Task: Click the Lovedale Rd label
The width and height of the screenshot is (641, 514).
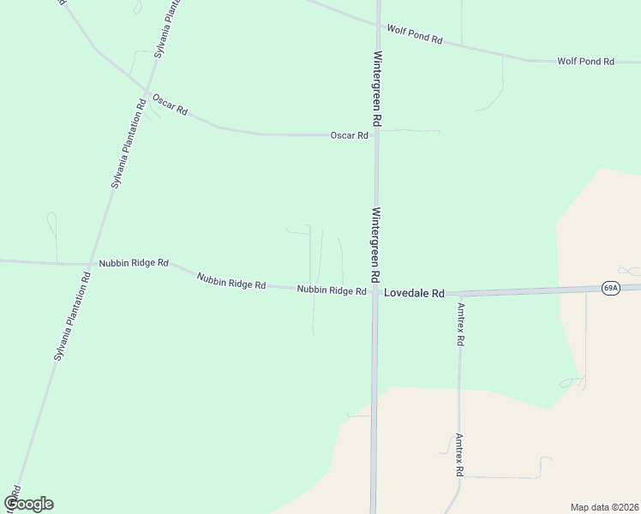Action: point(414,293)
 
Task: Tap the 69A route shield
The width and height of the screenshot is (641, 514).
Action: point(609,288)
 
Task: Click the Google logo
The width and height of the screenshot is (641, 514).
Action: point(28,504)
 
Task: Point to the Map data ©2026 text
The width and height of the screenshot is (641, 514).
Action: point(604,507)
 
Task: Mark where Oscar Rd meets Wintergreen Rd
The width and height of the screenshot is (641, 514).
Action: point(375,134)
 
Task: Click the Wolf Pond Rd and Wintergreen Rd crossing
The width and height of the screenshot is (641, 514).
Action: point(375,23)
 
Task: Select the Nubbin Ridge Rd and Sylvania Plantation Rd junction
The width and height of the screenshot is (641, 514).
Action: point(91,263)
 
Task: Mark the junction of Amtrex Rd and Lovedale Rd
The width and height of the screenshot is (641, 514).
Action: point(460,293)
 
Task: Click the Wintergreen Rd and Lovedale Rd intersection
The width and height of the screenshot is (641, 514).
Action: point(374,293)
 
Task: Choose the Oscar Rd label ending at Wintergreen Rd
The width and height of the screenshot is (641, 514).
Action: point(350,135)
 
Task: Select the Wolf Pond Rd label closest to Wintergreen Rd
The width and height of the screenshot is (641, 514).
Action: point(414,34)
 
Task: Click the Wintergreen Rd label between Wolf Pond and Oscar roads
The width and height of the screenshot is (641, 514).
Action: point(376,89)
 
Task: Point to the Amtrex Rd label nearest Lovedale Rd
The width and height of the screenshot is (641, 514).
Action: point(461,323)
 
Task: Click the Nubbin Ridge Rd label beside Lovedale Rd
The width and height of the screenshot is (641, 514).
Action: point(332,290)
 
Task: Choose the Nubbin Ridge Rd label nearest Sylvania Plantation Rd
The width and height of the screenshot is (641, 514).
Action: point(134,263)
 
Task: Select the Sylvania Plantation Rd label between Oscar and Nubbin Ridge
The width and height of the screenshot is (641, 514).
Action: point(128,142)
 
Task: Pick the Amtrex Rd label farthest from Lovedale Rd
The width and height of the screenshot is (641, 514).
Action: point(459,454)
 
